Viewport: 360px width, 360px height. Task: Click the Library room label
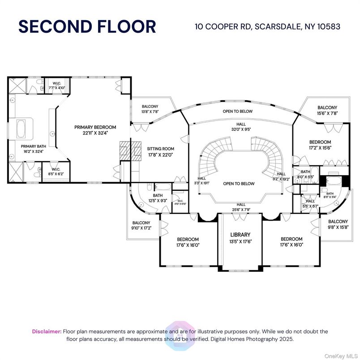240,237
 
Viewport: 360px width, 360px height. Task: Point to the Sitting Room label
160,151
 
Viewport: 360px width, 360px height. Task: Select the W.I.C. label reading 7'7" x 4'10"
56,85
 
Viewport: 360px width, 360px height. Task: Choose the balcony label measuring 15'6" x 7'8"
327,110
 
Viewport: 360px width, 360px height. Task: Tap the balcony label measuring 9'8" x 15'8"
338,224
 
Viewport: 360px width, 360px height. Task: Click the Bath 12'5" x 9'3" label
158,197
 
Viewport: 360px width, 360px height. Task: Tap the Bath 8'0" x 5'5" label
305,174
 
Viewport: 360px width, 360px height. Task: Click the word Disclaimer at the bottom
47,331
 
